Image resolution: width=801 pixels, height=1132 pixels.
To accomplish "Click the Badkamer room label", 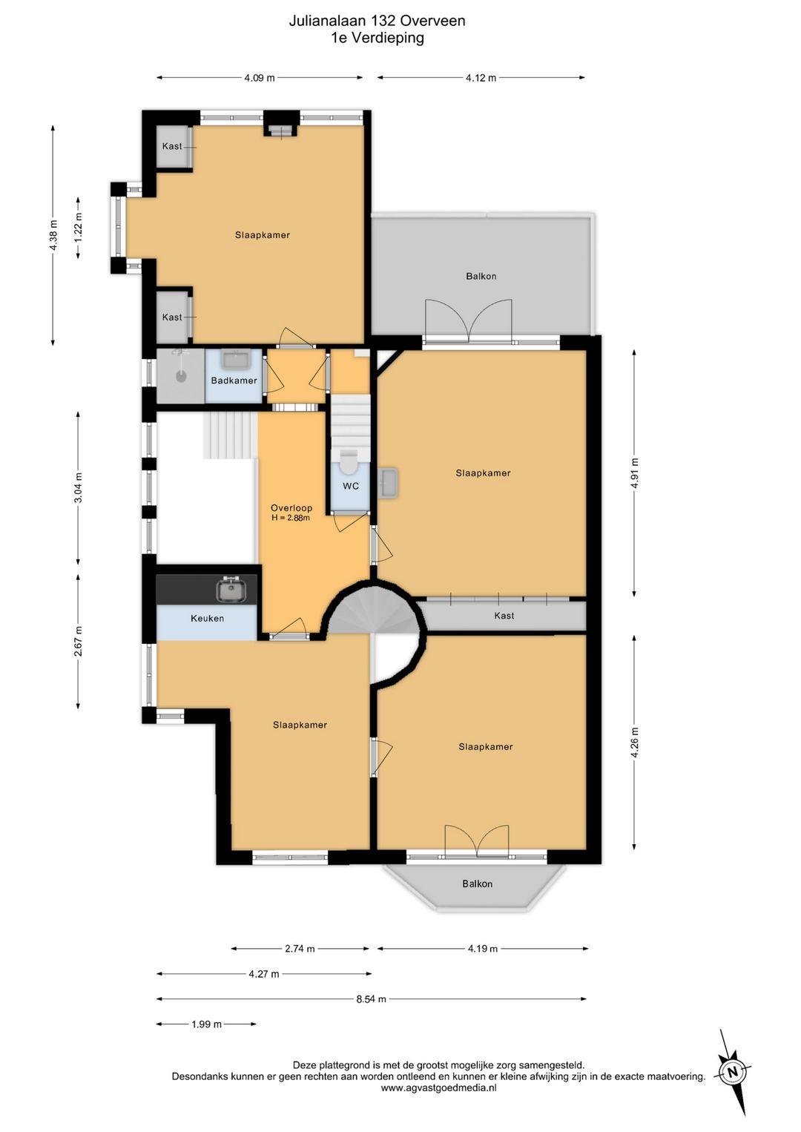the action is pos(234,381).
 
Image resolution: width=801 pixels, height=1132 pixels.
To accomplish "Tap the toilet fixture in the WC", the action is pos(349,462).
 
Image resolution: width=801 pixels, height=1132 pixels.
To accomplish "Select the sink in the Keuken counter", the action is pos(232,590).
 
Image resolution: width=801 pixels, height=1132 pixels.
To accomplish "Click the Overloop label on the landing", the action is pos(291,508).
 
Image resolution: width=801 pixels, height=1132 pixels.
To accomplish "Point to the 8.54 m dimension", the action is pos(371,998).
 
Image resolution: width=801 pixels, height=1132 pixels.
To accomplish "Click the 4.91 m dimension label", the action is pos(634,473).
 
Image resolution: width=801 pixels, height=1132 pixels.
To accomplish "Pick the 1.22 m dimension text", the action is pos(78,227).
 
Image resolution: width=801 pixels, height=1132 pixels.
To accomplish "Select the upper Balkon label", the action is pos(481,277).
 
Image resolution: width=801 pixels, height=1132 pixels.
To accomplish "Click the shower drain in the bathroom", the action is pos(180,376).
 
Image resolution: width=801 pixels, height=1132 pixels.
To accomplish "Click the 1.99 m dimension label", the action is pos(206,1024).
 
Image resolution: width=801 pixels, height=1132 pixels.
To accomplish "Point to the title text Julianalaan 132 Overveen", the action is pos(377,21).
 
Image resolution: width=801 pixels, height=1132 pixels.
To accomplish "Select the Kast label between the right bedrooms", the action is pos(504,616).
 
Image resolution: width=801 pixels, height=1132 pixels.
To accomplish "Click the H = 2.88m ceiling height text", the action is pos(291,518).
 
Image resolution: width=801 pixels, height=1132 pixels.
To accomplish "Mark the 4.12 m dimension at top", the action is pos(481,77).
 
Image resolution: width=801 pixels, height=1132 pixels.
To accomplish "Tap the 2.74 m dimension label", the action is pos(300,949).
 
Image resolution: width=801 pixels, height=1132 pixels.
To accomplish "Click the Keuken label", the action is pos(207,618).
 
